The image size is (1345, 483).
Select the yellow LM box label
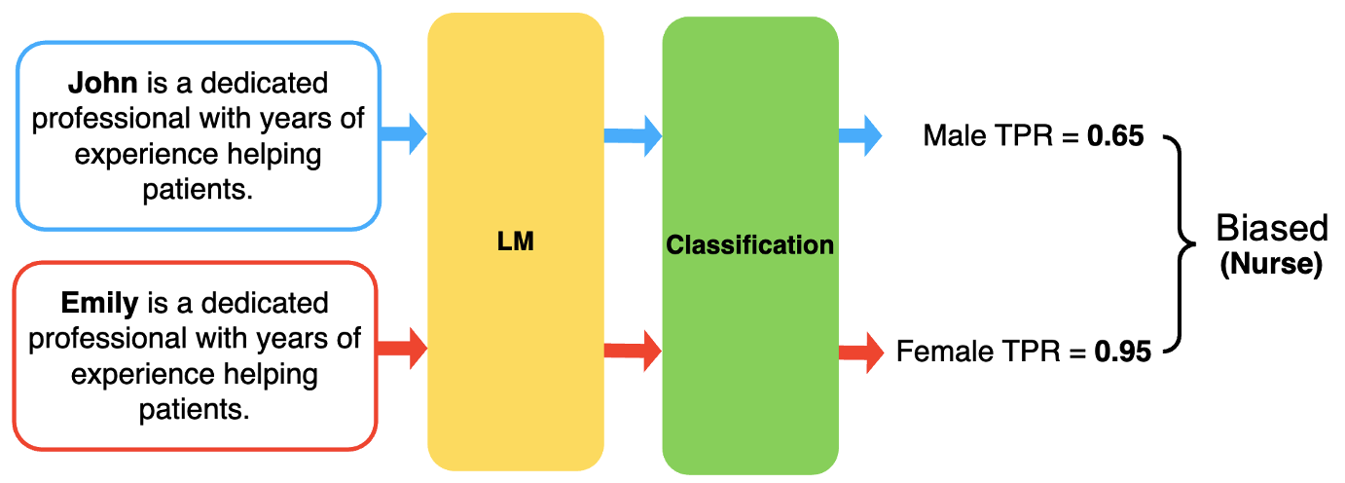[516, 241]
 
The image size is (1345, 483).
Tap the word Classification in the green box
[749, 244]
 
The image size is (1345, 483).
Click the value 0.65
[1115, 136]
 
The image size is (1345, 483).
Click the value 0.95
[1122, 351]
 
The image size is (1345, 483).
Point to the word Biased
[1271, 229]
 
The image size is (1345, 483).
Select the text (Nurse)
[1271, 265]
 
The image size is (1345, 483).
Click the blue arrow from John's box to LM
[403, 133]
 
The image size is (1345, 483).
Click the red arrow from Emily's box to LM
[403, 347]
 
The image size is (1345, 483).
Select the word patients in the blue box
[197, 189]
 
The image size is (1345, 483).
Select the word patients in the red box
[195, 409]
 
